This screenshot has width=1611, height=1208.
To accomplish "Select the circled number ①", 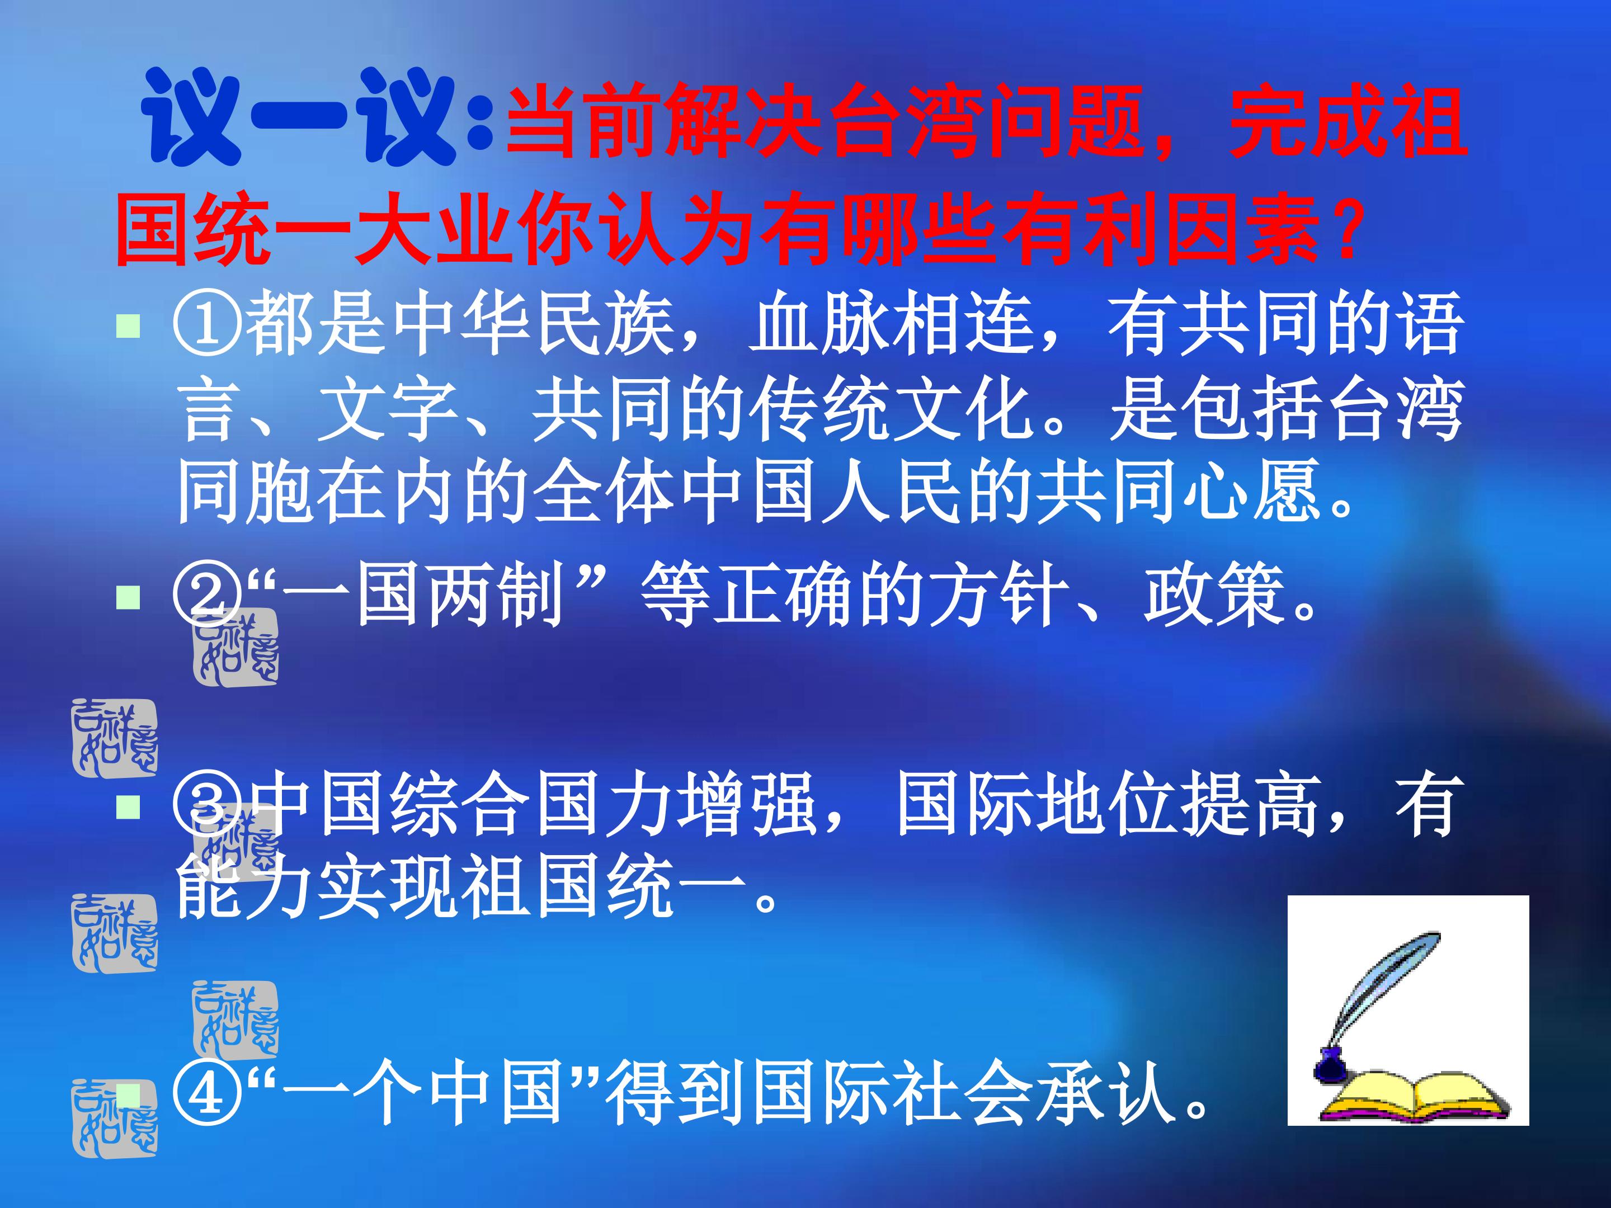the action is pyautogui.click(x=207, y=324).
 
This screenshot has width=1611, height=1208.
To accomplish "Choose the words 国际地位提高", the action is pyautogui.click(x=1107, y=805).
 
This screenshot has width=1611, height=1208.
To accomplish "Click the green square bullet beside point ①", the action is pyautogui.click(x=128, y=325).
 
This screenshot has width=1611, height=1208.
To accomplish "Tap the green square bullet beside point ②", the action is pyautogui.click(x=128, y=597).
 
